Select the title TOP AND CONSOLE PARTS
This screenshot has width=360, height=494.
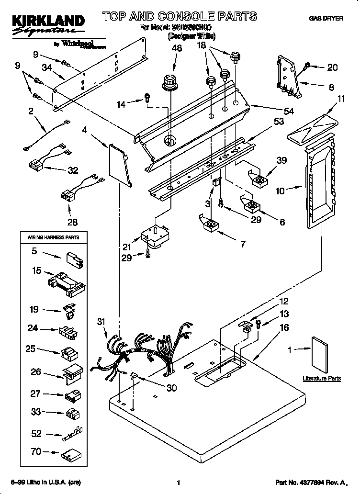[x=180, y=17]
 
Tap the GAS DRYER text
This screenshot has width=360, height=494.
[x=326, y=19]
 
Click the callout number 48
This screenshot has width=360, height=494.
[x=177, y=48]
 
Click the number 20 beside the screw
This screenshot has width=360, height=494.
[x=332, y=67]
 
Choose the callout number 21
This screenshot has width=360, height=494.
[x=126, y=247]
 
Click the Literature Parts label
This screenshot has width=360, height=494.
[x=322, y=378]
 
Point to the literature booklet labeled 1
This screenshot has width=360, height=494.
[x=320, y=354]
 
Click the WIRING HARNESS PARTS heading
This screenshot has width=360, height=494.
[x=50, y=237]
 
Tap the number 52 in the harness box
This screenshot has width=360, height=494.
[x=37, y=434]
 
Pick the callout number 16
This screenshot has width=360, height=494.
[x=284, y=327]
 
